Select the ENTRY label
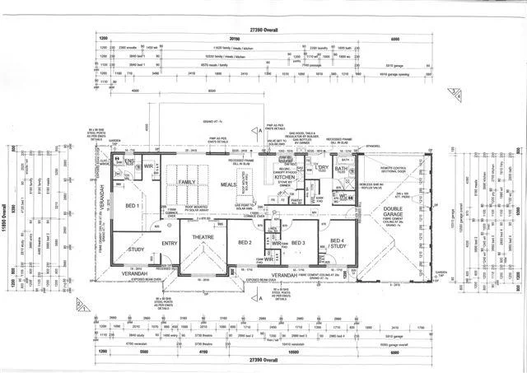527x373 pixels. [171, 243]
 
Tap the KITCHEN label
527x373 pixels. [284, 177]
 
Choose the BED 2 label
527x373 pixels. [245, 243]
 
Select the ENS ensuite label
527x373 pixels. [128, 161]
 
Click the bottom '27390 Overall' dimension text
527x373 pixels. [263, 360]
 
